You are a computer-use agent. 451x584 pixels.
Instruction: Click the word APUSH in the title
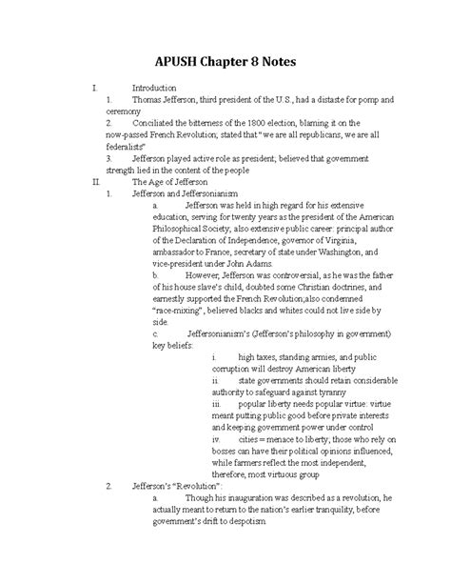pyautogui.click(x=173, y=62)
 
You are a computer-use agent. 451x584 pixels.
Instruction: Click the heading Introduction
pyautogui.click(x=154, y=88)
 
